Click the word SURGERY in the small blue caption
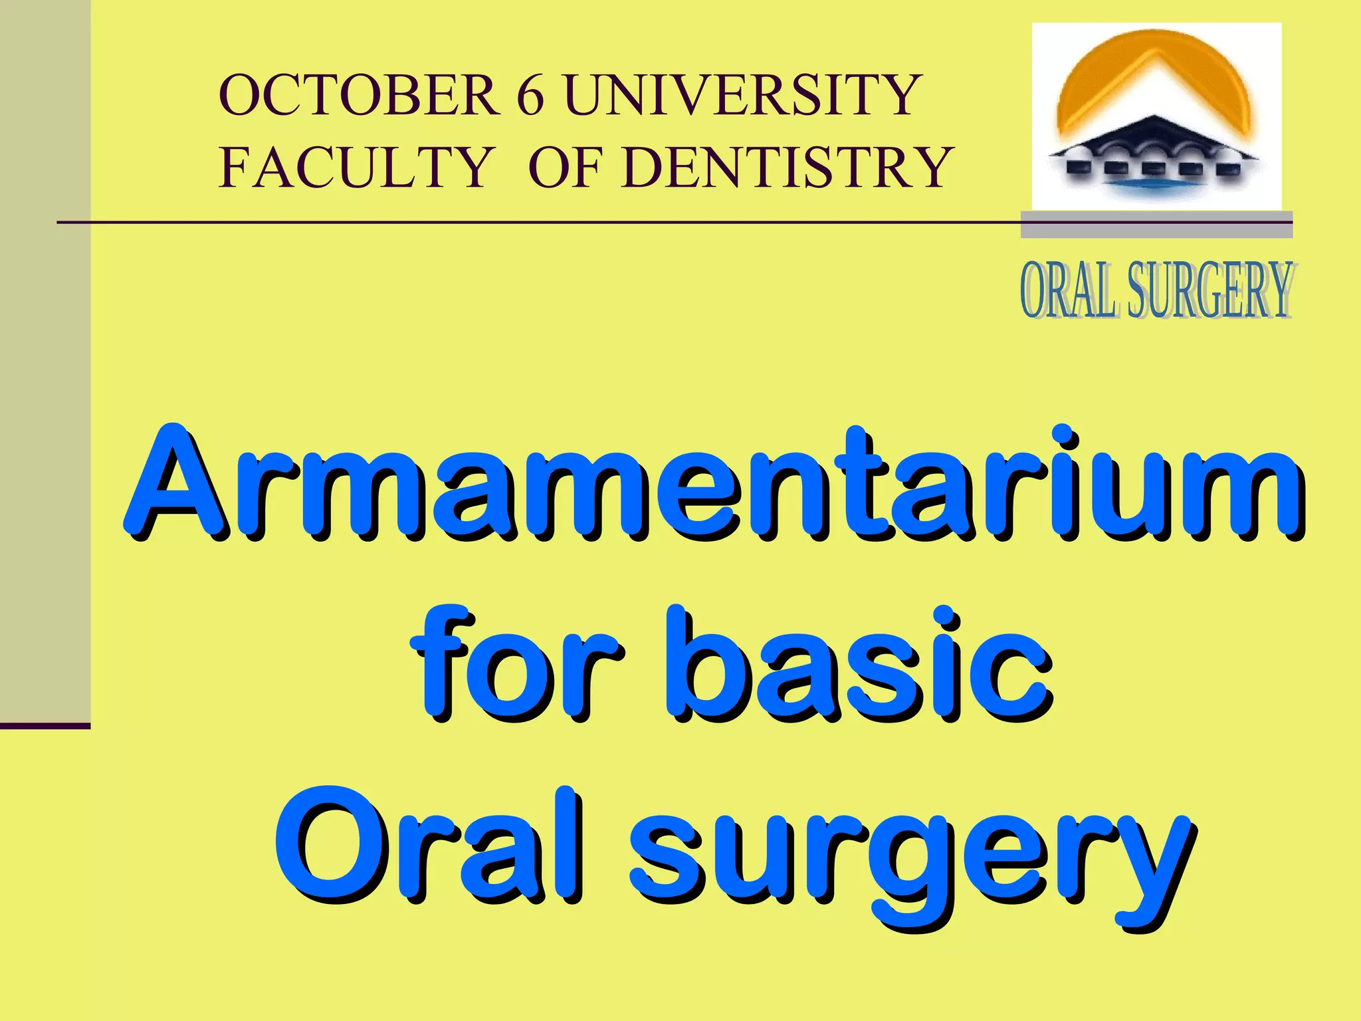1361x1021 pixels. (x=1211, y=290)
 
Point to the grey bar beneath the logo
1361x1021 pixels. (x=1156, y=225)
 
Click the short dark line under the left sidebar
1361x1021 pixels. (x=45, y=726)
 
